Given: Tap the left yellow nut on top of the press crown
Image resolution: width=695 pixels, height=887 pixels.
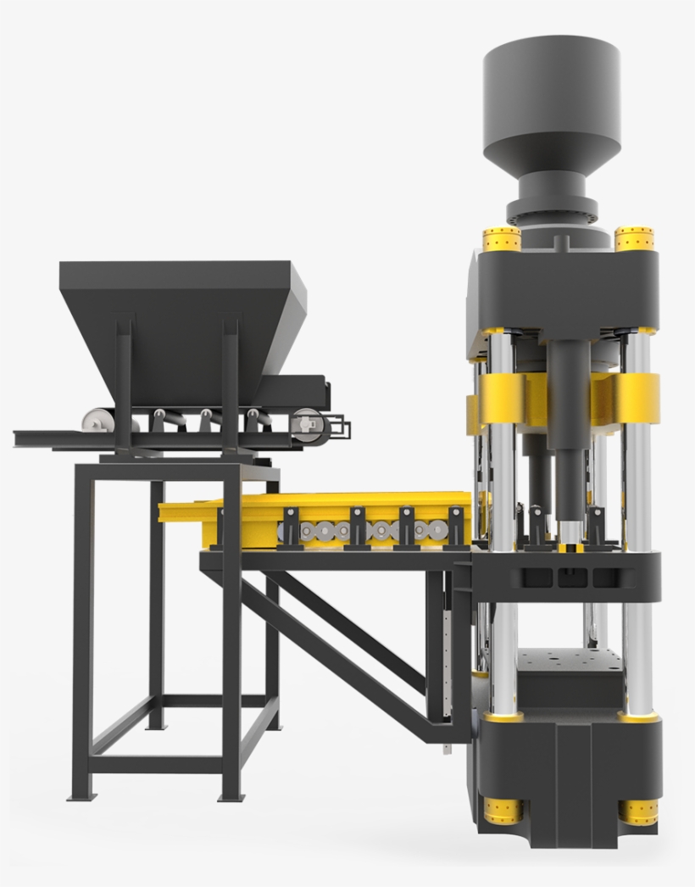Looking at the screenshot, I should (501, 239).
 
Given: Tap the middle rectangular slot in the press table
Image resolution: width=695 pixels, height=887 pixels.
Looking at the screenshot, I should (571, 577).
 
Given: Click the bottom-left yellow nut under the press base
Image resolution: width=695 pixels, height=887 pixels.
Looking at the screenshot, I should (501, 811).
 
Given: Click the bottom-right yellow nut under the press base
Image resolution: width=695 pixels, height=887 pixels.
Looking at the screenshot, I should (637, 811).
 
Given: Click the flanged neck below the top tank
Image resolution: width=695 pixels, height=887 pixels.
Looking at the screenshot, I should (552, 197).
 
